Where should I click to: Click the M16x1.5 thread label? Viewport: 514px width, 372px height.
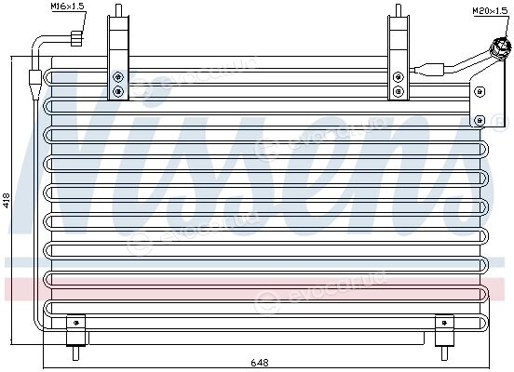68,7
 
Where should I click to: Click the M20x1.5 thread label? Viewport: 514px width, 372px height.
490,11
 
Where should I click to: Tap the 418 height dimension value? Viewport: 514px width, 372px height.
7,201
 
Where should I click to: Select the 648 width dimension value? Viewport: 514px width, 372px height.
260,363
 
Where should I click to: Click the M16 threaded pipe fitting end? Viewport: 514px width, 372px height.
76,38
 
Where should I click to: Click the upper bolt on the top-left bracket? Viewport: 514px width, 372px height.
118,77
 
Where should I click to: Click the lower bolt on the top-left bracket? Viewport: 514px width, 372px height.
118,91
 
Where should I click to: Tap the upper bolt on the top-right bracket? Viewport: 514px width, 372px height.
398,77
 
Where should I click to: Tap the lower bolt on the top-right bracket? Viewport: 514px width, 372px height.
398,91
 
